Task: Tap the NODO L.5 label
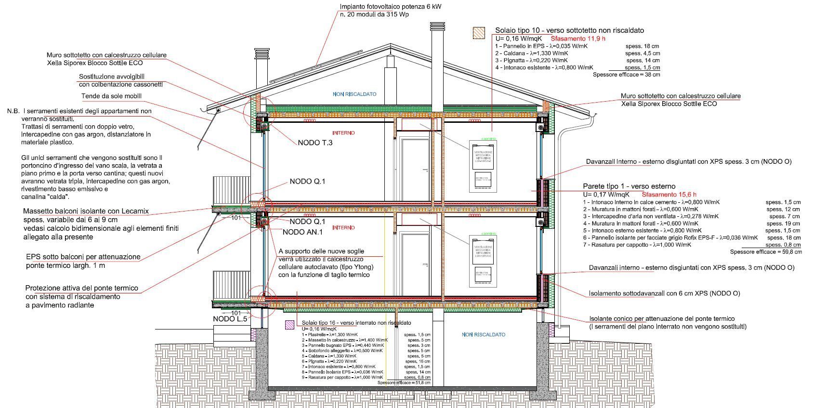coord(230,319)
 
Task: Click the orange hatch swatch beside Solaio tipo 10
coord(479,32)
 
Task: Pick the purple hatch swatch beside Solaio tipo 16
coord(290,325)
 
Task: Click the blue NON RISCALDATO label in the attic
coord(354,94)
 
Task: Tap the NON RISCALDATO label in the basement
coord(484,335)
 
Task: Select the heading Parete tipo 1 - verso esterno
coord(629,186)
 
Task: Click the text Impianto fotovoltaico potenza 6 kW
coord(391,7)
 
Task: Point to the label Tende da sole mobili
coord(111,96)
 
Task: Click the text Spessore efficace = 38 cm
coord(626,75)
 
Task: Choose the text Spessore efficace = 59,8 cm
coord(766,252)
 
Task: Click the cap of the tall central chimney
coord(438,26)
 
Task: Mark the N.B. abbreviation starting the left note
coord(13,111)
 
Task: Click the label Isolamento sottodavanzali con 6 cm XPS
coord(664,293)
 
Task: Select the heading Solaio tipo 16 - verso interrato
coord(356,323)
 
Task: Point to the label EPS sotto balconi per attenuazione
coord(83,257)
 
